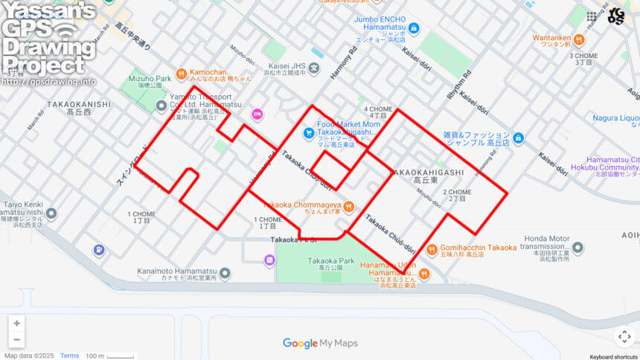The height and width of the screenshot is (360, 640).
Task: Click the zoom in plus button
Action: point(16,324)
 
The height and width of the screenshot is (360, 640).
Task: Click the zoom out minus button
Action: point(16,340)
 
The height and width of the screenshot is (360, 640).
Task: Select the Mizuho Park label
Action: point(150,78)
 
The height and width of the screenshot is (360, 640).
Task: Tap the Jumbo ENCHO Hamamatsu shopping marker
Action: point(414,28)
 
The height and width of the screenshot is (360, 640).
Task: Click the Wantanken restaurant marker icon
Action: point(538,39)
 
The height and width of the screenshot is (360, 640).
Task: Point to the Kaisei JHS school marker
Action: point(315,69)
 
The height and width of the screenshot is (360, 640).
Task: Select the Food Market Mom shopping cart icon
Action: point(308,133)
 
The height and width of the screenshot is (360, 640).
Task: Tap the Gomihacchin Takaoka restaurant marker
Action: point(431,249)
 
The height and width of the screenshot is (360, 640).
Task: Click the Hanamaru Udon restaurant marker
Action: point(423,274)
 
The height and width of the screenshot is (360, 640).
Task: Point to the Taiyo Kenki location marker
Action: point(51,214)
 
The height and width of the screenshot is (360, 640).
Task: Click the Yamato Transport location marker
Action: point(161,106)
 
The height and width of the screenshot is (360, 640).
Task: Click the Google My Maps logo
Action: point(320,343)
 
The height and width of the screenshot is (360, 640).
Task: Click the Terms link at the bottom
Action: point(69,356)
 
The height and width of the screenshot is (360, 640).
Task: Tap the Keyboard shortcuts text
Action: point(609,356)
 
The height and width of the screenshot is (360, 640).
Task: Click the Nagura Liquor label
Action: point(615,118)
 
